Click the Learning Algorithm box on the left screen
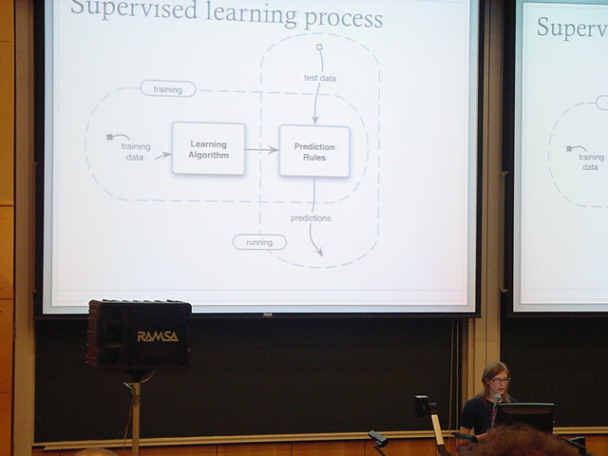(x=208, y=148)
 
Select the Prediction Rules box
(x=314, y=151)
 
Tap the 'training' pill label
(x=167, y=88)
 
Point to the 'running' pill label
(x=259, y=242)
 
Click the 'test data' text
(x=319, y=78)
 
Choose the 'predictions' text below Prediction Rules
(x=311, y=218)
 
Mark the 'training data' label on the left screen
(x=135, y=151)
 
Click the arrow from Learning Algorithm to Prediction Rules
(x=261, y=149)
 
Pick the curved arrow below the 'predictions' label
(x=314, y=241)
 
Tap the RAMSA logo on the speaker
(x=157, y=336)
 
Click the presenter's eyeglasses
(x=499, y=380)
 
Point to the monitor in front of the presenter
(x=524, y=415)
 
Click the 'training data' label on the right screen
(x=591, y=161)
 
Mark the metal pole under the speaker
(x=137, y=413)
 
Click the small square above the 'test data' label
(x=319, y=46)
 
